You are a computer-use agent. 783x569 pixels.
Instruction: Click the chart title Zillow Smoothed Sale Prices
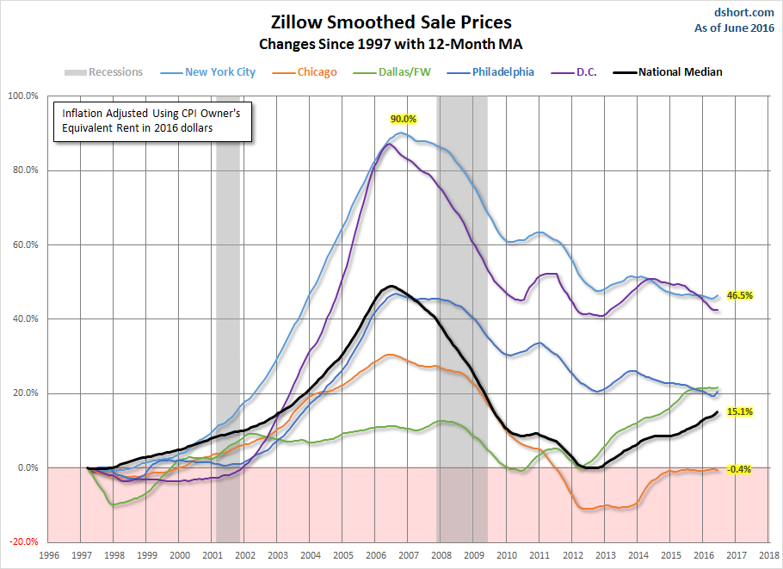point(391,21)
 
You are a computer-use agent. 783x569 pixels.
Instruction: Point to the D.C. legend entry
point(582,72)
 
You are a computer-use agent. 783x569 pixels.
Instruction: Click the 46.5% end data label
point(740,295)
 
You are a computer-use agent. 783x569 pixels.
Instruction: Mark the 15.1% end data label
point(740,412)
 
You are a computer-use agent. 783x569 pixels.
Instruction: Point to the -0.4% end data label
point(739,469)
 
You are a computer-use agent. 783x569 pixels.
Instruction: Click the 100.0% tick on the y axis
point(22,96)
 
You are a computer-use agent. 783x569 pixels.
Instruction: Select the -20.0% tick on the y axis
point(22,542)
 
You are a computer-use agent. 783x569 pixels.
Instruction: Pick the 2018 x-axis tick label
point(768,556)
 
